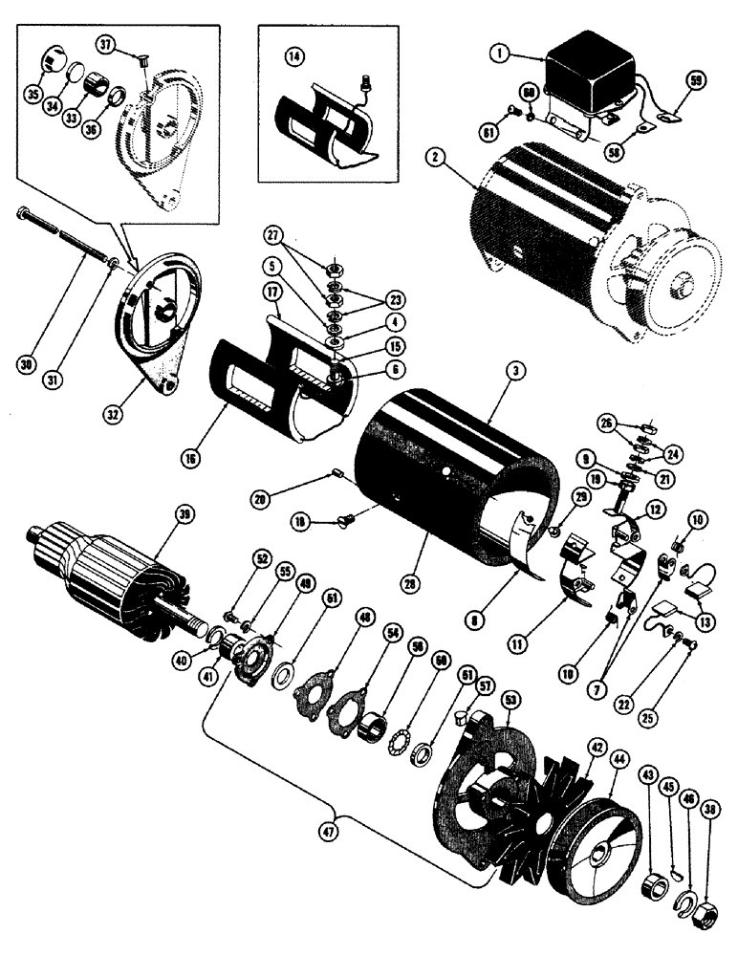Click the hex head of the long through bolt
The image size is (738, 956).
click(22, 214)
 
